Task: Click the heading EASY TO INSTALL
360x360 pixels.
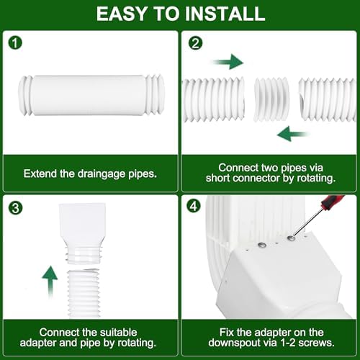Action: (x=180, y=14)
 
